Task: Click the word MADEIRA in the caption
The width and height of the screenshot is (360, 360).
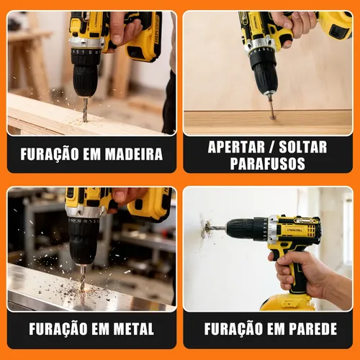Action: pyautogui.click(x=134, y=154)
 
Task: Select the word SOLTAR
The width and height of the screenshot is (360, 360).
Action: pyautogui.click(x=303, y=147)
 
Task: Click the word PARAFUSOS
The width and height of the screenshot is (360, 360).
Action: pyautogui.click(x=268, y=163)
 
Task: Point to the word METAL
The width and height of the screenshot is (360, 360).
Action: pyautogui.click(x=134, y=328)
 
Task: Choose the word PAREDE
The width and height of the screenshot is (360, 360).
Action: pyautogui.click(x=312, y=328)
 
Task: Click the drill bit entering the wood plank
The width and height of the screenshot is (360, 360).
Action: pyautogui.click(x=85, y=109)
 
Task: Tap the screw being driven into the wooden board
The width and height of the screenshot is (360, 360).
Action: pyautogui.click(x=271, y=107)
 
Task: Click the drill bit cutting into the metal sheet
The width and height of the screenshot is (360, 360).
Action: pyautogui.click(x=83, y=279)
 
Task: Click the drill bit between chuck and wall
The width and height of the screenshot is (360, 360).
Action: pyautogui.click(x=218, y=228)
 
